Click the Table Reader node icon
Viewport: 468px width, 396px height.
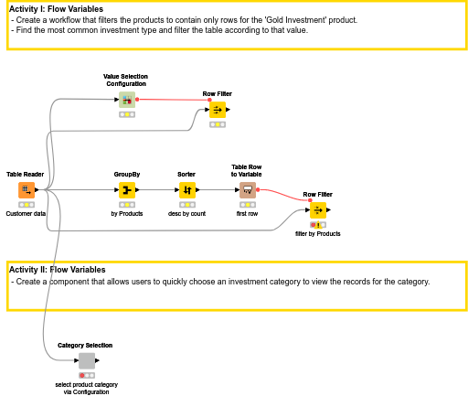(26, 190)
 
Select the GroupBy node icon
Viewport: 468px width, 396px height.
(127, 190)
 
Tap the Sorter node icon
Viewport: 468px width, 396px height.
(186, 190)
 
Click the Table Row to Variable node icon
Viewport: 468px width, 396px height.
(247, 190)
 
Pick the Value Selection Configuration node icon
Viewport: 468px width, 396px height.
(127, 100)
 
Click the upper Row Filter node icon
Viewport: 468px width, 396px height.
(217, 111)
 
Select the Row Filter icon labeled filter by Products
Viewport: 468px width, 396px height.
(317, 210)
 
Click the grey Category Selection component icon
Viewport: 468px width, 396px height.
(86, 361)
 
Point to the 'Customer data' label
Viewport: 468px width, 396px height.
(26, 214)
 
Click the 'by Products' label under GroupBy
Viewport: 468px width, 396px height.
(127, 214)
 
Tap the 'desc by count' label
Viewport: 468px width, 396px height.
(186, 214)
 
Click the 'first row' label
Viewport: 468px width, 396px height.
(247, 214)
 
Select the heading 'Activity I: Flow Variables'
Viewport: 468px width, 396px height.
(57, 9)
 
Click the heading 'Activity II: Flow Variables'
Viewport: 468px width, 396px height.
(58, 270)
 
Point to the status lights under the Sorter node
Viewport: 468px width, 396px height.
(186, 205)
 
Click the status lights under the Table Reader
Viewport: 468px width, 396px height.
(26, 205)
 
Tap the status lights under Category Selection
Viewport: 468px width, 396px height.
(86, 375)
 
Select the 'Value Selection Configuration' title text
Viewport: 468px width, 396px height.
(125, 80)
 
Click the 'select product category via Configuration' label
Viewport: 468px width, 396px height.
(86, 388)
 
